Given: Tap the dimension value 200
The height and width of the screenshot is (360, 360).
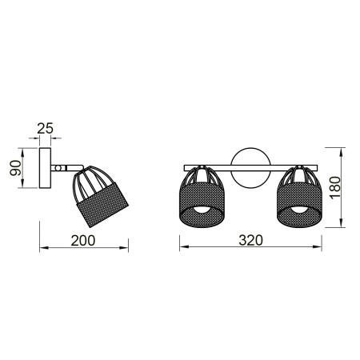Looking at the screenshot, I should click(x=84, y=240).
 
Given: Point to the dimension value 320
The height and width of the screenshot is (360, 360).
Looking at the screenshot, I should click(x=251, y=240).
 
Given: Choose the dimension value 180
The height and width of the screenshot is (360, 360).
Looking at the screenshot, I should click(x=336, y=186).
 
